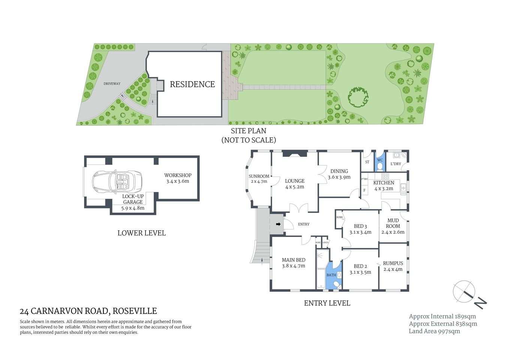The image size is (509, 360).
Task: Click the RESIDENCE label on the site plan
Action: coord(192,84)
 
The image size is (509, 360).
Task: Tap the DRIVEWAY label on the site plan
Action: coord(112,84)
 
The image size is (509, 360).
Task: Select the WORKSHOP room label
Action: coord(178,175)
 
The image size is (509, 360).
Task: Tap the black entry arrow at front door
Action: coord(278,224)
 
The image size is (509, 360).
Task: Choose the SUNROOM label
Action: coord(259,176)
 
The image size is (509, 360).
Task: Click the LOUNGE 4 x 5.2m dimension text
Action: coord(295,187)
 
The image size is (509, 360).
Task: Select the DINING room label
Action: coord(339,171)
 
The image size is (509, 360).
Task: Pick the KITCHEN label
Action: coord(383,183)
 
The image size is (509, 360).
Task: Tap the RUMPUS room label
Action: coord(393,263)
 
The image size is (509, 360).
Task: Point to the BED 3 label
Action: coord(360,226)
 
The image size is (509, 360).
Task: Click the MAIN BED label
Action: coord(293,260)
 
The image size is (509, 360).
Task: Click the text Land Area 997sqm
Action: coord(434,331)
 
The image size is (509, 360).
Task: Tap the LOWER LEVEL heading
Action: coord(141,233)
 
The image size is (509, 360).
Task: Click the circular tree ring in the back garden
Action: coord(358,97)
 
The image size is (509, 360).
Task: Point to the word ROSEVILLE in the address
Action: coord(135,311)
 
